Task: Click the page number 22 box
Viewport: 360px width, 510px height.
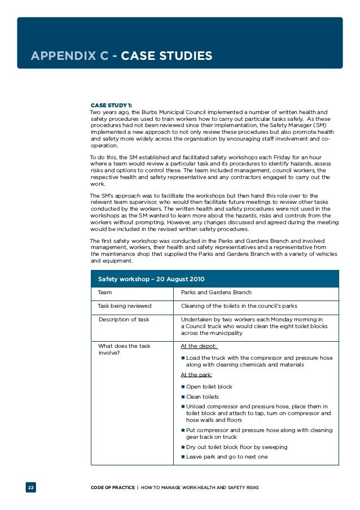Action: click(x=30, y=487)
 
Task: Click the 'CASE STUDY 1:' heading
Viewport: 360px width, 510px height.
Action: click(x=112, y=105)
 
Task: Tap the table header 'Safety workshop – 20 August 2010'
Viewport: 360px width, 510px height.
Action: click(x=151, y=279)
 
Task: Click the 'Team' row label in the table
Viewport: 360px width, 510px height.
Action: click(x=105, y=293)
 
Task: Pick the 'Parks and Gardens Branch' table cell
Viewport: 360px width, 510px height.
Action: click(x=216, y=293)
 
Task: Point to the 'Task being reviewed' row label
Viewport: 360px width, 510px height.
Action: click(x=124, y=306)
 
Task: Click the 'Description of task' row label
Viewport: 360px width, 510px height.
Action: click(x=124, y=320)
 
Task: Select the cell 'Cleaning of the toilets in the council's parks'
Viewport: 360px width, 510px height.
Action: click(x=239, y=306)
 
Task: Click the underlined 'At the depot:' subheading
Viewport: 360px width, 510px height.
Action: click(x=199, y=346)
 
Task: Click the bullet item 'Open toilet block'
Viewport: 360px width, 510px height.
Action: click(x=209, y=387)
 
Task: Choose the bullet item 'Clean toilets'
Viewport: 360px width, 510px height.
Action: click(x=202, y=397)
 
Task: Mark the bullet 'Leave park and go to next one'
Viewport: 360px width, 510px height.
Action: click(x=227, y=456)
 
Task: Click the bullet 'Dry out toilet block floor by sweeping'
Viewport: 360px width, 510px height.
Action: click(x=236, y=447)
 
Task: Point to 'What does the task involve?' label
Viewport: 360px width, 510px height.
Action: click(x=124, y=350)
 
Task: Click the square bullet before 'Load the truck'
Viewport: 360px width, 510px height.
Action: click(x=183, y=358)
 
